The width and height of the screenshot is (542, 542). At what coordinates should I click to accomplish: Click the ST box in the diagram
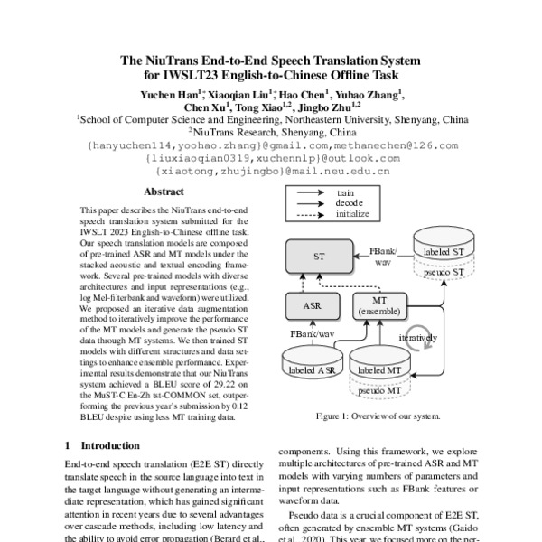(x=319, y=257)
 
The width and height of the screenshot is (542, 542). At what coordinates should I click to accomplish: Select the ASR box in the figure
(x=313, y=306)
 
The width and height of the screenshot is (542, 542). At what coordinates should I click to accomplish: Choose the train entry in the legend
(x=345, y=192)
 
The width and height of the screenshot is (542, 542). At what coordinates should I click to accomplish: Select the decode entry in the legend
(x=349, y=203)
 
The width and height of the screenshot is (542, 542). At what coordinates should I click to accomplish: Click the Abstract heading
(x=164, y=192)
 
